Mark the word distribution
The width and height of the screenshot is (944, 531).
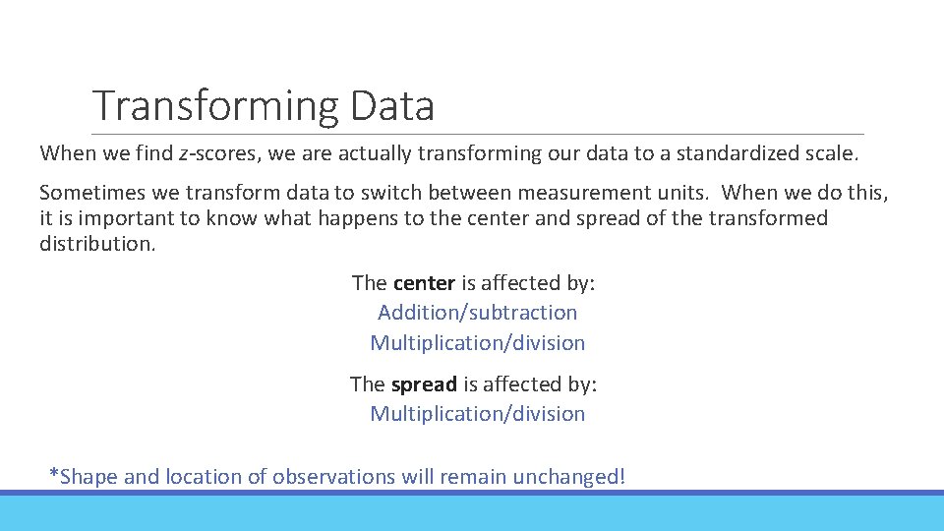click(96, 243)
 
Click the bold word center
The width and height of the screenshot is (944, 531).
click(424, 283)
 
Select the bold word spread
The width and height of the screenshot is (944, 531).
click(424, 384)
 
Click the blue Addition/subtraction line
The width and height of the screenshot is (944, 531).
click(478, 313)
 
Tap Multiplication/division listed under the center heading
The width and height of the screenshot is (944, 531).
click(478, 343)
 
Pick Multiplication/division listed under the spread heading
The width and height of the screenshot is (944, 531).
click(478, 414)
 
